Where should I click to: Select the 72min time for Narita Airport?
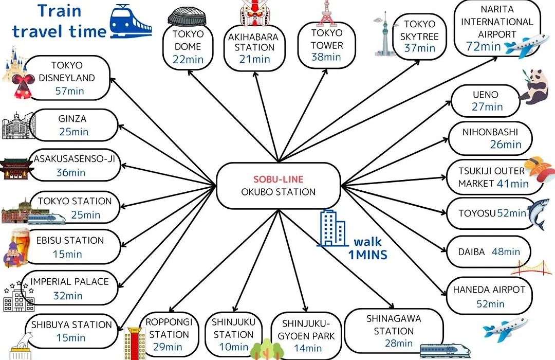tap(483, 46)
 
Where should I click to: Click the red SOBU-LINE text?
tap(278, 179)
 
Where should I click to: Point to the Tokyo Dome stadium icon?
tap(187, 17)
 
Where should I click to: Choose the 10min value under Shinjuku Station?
tap(234, 347)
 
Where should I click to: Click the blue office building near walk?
tap(332, 228)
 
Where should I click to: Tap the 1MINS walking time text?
tap(368, 255)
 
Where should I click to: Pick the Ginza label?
tap(72, 119)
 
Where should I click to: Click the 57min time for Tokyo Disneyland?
tap(70, 91)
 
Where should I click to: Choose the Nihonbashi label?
tap(490, 132)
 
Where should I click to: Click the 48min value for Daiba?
tap(506, 251)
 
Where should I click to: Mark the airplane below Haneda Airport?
tap(505, 330)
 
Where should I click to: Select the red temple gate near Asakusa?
tap(15, 169)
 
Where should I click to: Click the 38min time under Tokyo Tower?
tap(326, 57)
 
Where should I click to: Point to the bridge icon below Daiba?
tap(531, 267)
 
